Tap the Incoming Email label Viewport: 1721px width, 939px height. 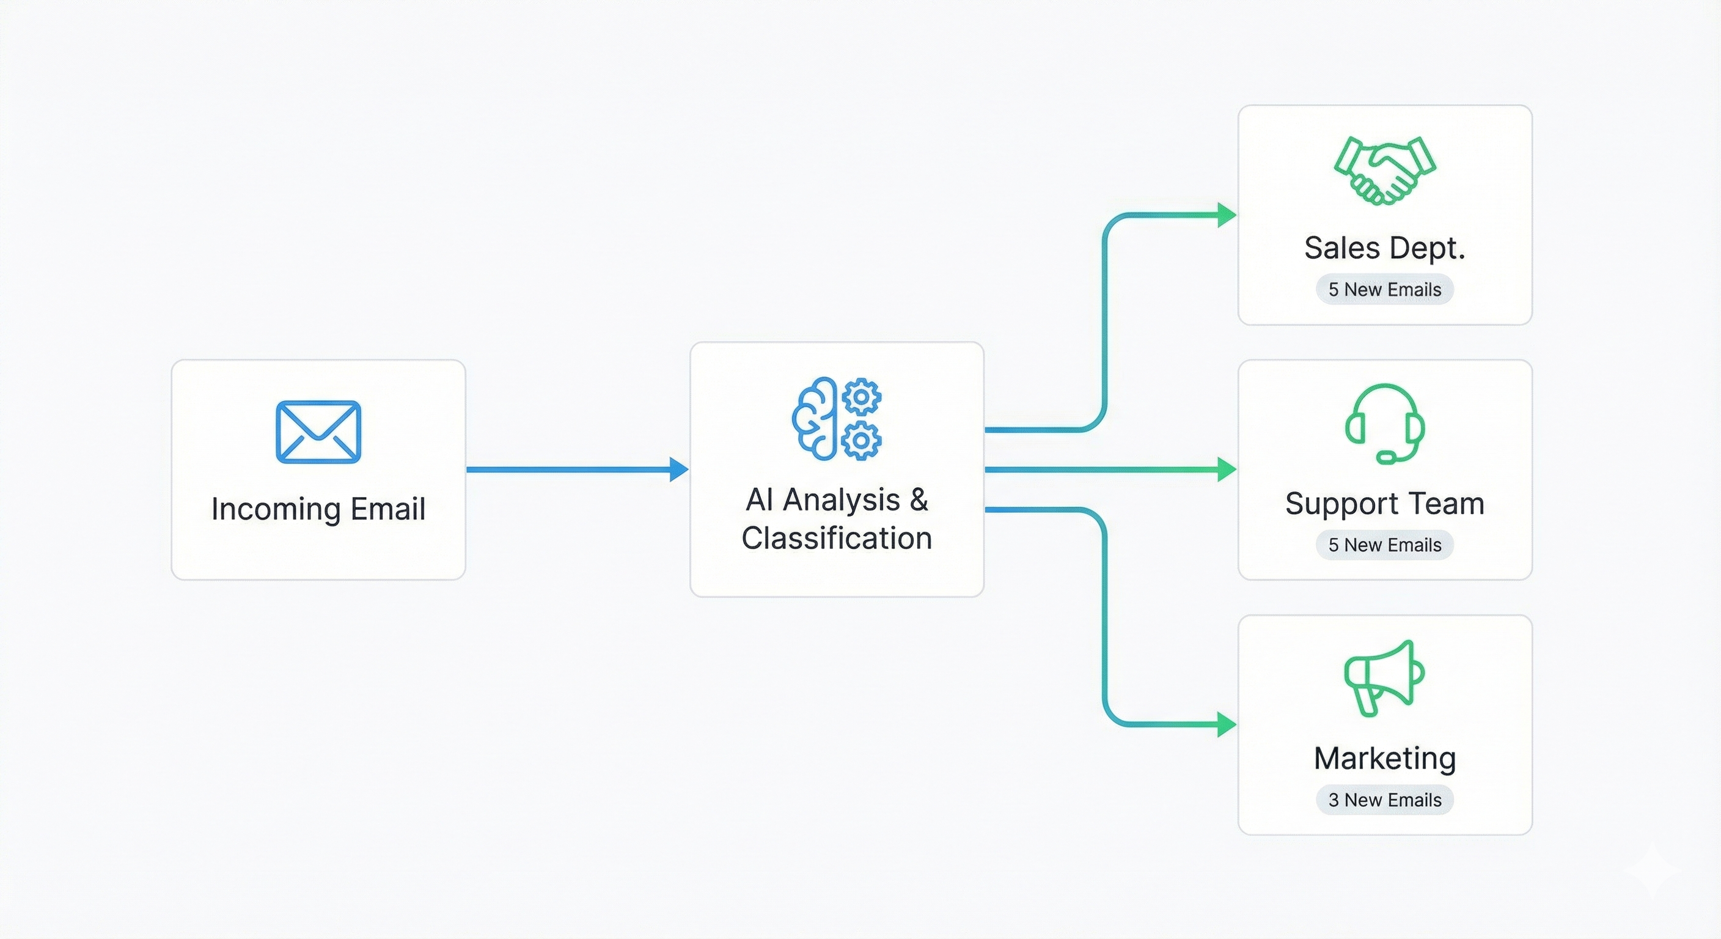[318, 509]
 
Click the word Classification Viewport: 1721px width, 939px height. [837, 538]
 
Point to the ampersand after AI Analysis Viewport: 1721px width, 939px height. [919, 499]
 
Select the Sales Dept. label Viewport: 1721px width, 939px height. [1385, 248]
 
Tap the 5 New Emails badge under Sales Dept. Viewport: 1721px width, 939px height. [1385, 289]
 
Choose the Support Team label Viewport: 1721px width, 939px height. [1385, 504]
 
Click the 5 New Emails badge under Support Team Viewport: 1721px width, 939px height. [1385, 545]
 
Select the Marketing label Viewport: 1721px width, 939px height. [1385, 759]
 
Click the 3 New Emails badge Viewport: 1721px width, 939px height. [1385, 800]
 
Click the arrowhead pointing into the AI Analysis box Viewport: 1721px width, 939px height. [679, 469]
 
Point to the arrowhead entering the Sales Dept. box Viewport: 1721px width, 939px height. [1227, 215]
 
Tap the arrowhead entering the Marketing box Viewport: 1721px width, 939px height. [1227, 724]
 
